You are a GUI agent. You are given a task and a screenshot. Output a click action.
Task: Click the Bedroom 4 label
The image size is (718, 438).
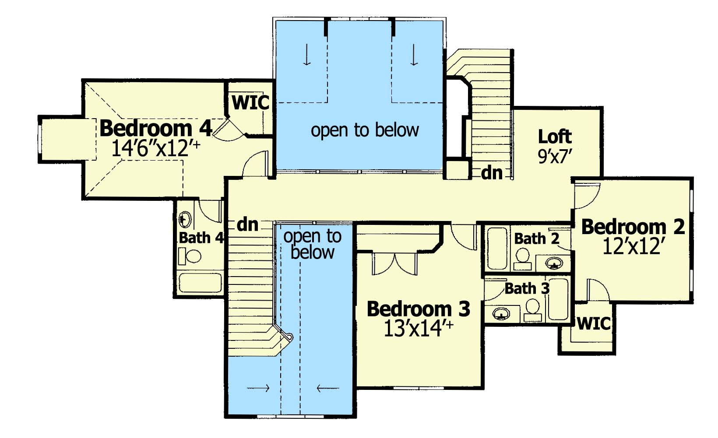pos(156,128)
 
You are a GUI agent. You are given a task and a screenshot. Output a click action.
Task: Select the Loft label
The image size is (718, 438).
pos(555,137)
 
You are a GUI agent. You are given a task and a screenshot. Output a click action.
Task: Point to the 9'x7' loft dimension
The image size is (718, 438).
pos(555,157)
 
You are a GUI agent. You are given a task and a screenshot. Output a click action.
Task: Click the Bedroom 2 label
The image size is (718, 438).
pos(633,227)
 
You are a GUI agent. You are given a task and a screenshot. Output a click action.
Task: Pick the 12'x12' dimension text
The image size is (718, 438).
pos(632,246)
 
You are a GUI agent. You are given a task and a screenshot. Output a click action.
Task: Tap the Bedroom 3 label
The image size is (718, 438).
pos(418,309)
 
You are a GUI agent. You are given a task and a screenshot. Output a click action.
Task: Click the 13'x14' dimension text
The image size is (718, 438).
pos(418,328)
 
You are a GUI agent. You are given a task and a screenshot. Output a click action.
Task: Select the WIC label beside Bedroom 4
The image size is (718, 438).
pos(251,102)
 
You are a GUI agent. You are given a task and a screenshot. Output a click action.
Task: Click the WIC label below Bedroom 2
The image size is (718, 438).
pos(594,323)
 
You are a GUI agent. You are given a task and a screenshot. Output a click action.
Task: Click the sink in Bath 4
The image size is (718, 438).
pos(184,220)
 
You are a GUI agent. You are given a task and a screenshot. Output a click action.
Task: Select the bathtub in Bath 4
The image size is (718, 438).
pos(201,283)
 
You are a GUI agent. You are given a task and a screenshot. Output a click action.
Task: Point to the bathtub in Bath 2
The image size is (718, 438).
pos(497,249)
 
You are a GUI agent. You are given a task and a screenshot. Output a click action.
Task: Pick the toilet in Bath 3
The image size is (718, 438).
pos(533,310)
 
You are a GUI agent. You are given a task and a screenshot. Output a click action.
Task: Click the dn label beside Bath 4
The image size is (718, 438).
pos(247,224)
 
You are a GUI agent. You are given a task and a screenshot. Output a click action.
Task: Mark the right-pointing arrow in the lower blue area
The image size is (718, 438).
pos(258,388)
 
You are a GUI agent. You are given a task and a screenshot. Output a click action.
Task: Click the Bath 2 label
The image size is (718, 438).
pos(537,239)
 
